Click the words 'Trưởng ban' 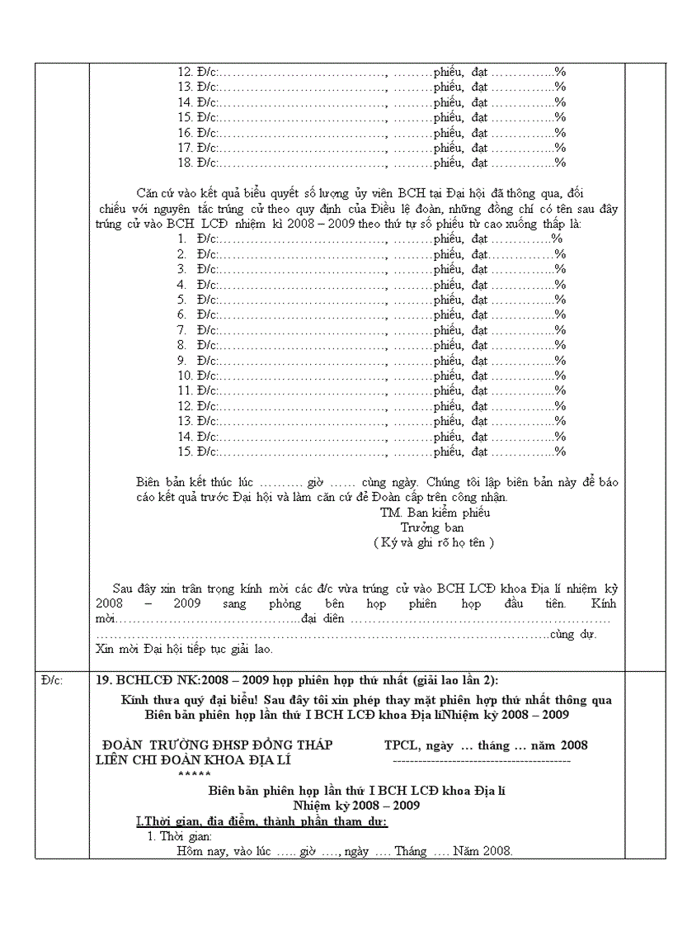[432, 527]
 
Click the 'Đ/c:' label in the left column [50, 680]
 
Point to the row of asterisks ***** [195, 774]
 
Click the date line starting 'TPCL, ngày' [486, 745]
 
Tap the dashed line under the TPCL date [482, 759]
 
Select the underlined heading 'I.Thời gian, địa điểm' [261, 821]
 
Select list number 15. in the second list [186, 452]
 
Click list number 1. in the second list [182, 239]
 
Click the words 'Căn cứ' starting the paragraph [153, 193]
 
